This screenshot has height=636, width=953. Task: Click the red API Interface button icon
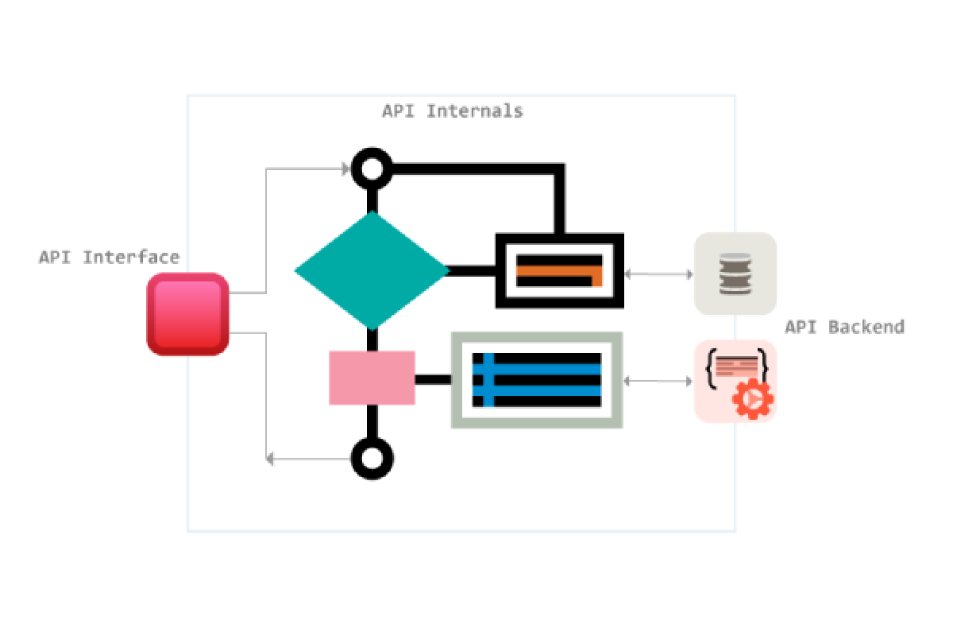click(188, 314)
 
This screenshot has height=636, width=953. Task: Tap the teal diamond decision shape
click(372, 270)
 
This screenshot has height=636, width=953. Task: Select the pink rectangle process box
click(372, 378)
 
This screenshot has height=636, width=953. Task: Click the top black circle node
click(372, 169)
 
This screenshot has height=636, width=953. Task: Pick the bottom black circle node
click(372, 458)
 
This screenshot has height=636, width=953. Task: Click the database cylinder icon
click(735, 274)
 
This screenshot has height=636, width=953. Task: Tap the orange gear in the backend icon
click(752, 399)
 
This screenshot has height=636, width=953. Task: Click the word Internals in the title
click(474, 111)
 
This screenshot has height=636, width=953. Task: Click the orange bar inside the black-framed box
click(556, 271)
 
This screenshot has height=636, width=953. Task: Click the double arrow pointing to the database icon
click(658, 274)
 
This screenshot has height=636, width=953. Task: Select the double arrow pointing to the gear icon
click(658, 382)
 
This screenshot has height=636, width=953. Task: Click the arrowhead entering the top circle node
click(346, 169)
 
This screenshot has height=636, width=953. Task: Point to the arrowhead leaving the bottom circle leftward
click(270, 459)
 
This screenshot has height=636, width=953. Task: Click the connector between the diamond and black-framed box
click(472, 271)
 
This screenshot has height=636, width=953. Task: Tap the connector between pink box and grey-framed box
click(433, 379)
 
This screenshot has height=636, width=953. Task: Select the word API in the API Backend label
click(800, 327)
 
